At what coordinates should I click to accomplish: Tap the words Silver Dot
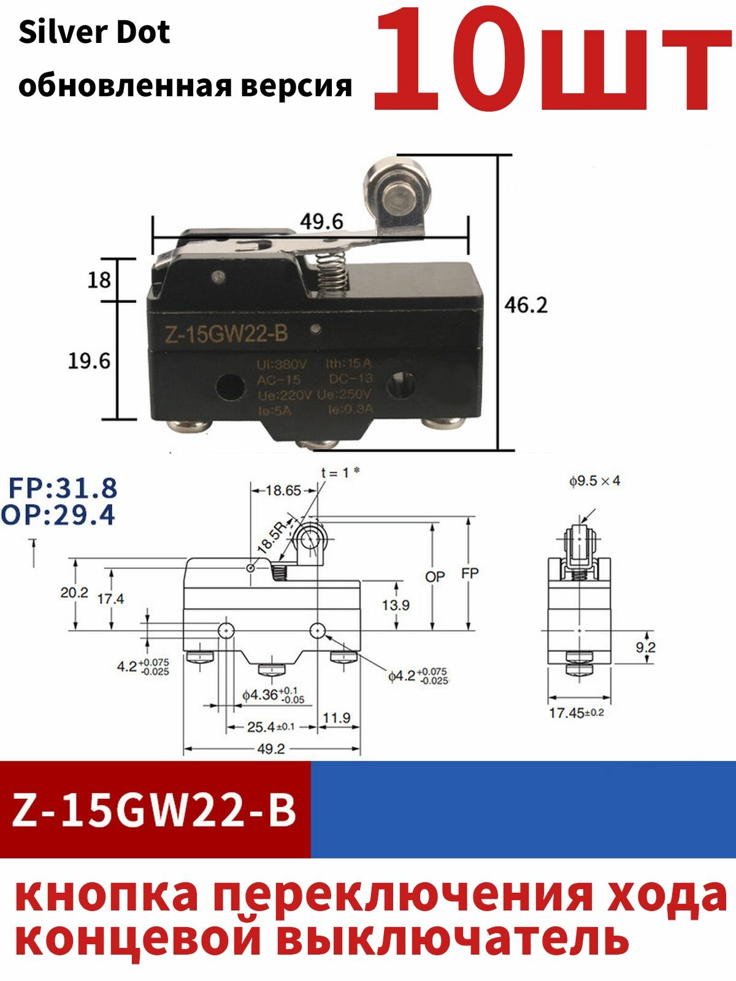pos(94,32)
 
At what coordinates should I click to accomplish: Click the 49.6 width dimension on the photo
pos(321,221)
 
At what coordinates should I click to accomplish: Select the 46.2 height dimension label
pos(526,305)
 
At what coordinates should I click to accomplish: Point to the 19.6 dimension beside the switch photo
pos(89,361)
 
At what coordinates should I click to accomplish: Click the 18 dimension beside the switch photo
pos(99,280)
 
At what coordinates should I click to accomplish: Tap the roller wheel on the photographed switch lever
pos(393,190)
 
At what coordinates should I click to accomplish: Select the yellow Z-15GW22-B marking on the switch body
pos(225,334)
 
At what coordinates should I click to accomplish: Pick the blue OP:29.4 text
pos(58,516)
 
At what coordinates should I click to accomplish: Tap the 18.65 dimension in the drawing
pos(283,490)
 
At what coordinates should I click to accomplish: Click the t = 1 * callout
pos(340,473)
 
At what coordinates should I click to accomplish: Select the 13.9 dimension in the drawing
pos(396,605)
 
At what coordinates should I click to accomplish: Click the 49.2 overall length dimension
pos(270,749)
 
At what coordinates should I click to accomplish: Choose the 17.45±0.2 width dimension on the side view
pos(576,713)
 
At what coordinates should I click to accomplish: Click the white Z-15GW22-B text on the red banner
pos(155,810)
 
